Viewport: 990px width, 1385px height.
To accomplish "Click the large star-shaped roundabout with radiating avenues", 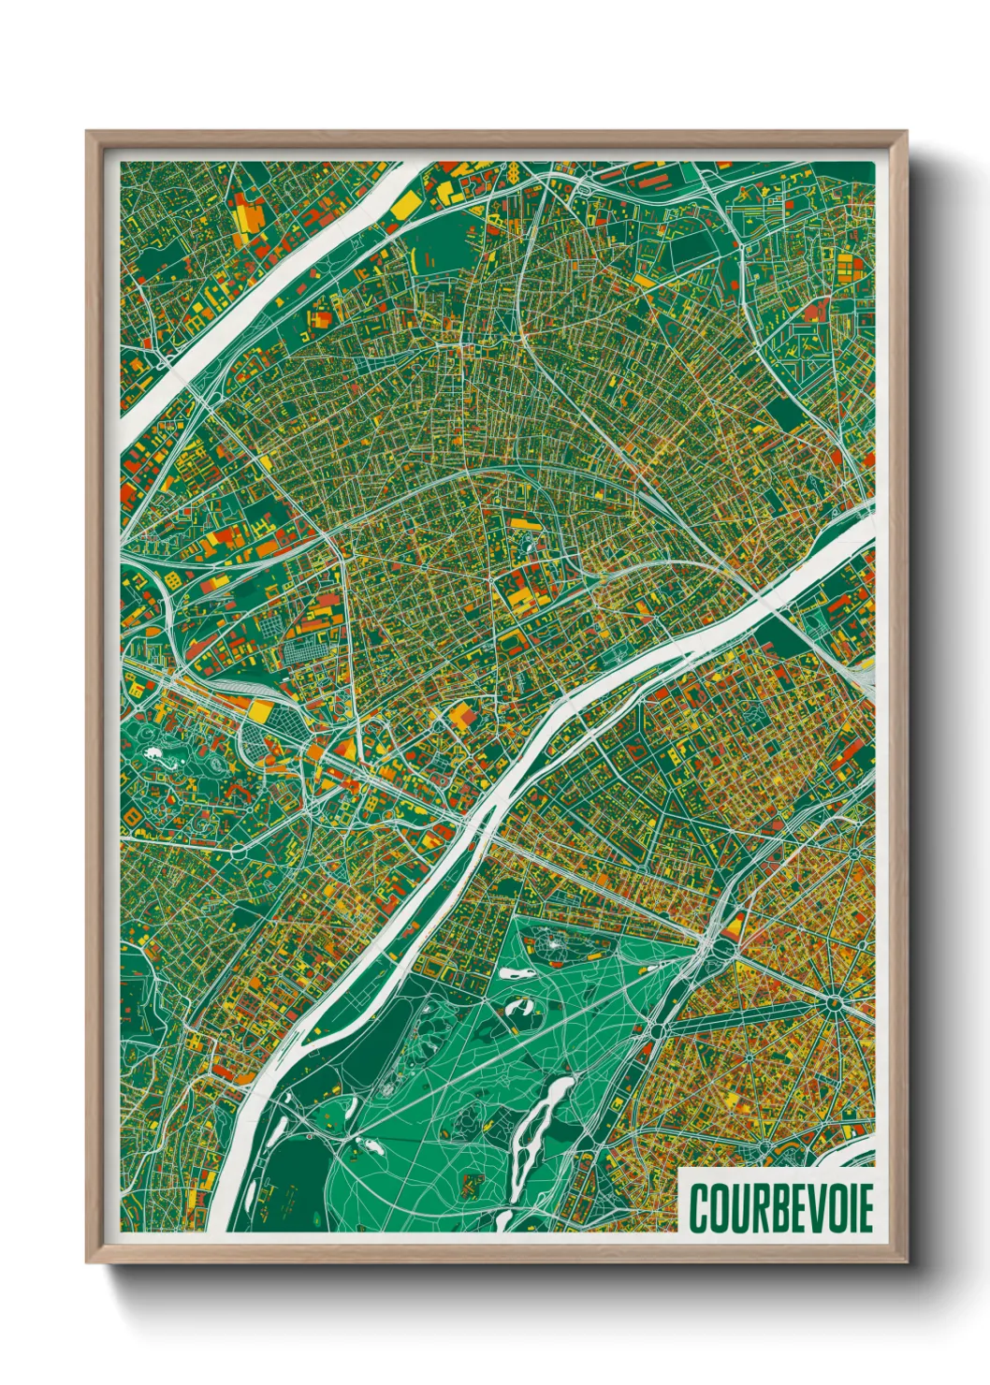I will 833,1004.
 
